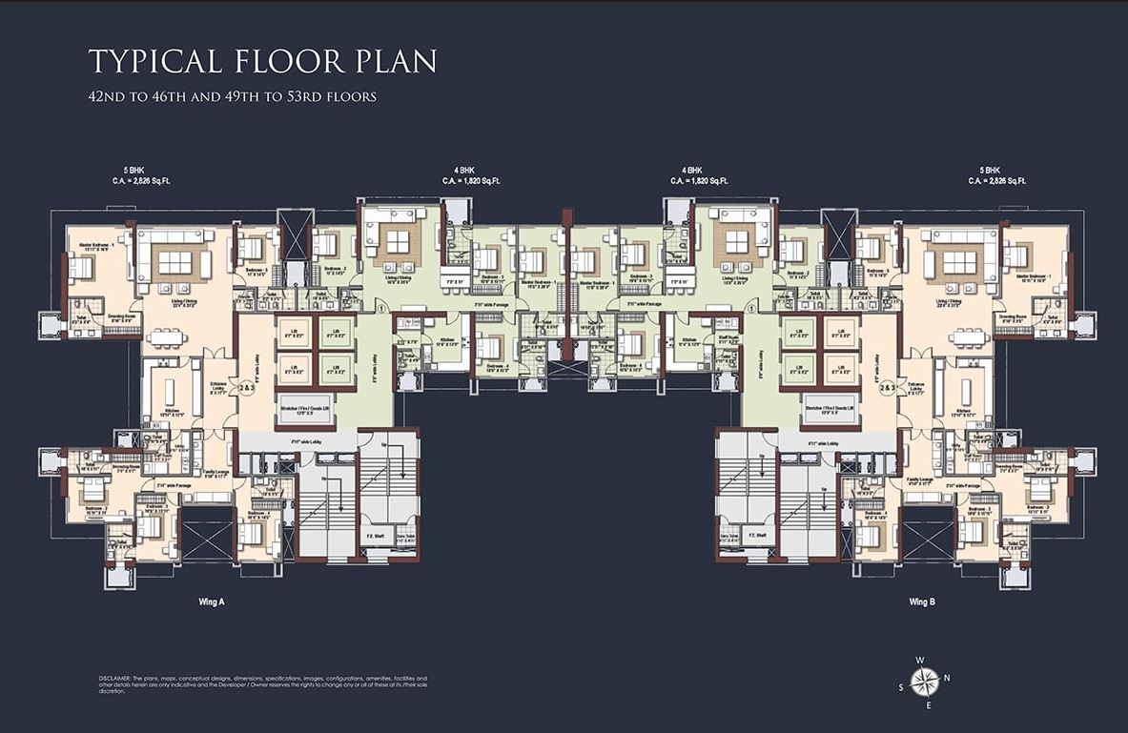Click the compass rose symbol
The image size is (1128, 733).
[923, 681]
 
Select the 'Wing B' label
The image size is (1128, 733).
[922, 601]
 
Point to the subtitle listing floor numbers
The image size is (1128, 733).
[232, 96]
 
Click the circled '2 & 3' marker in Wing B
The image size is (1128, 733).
[886, 389]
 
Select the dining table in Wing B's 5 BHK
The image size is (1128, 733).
[967, 336]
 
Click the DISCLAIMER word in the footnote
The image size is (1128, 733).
[115, 677]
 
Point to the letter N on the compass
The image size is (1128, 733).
[947, 678]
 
